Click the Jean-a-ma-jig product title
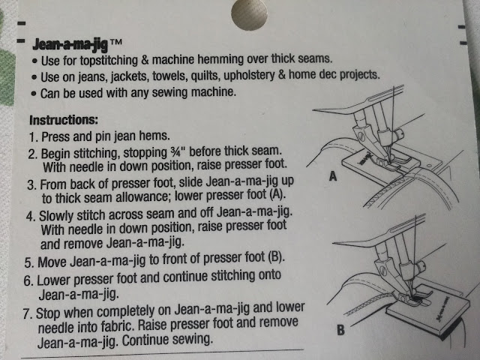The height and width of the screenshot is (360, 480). point(70,45)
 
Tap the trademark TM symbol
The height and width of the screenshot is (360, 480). point(116,42)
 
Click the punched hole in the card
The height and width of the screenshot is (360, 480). point(249,14)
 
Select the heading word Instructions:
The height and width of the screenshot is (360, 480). point(64,120)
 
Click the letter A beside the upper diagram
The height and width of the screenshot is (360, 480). point(333,176)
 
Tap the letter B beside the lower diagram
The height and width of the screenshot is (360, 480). point(340,330)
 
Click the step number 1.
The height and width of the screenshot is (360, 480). point(33,137)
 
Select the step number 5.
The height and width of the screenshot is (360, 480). point(28,263)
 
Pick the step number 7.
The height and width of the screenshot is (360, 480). point(27,314)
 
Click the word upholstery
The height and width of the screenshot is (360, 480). point(249,75)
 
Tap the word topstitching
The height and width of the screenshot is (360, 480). point(109,60)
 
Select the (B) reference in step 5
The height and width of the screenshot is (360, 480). point(276,256)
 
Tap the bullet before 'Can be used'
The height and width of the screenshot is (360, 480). point(34,93)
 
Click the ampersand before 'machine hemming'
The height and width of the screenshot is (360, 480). point(145,60)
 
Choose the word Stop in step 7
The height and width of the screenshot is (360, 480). point(48,313)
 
